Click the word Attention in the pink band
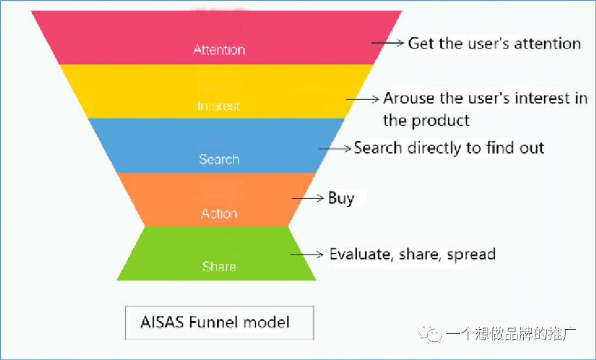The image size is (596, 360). (219, 49)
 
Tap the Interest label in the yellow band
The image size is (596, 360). (218, 106)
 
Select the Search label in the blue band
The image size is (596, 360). (219, 159)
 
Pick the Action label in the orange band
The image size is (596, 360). (219, 213)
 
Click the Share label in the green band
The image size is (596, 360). (219, 266)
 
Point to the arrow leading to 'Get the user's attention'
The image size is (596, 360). (388, 43)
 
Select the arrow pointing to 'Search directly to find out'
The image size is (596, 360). (336, 148)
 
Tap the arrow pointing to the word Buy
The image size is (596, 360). (308, 198)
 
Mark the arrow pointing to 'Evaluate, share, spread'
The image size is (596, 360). (307, 254)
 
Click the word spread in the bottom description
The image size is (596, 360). (471, 254)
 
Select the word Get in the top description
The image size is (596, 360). (421, 43)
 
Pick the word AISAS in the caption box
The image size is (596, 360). (162, 322)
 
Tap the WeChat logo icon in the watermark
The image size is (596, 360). (433, 334)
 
